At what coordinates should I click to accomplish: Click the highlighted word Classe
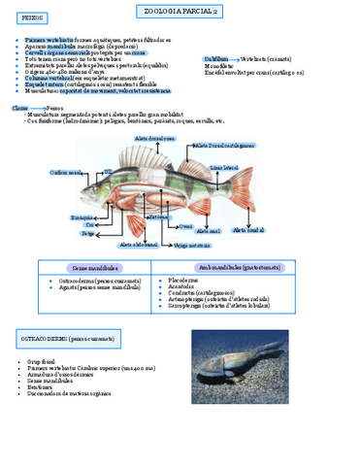pos(19,109)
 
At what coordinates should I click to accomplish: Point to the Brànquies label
pos(82,217)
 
